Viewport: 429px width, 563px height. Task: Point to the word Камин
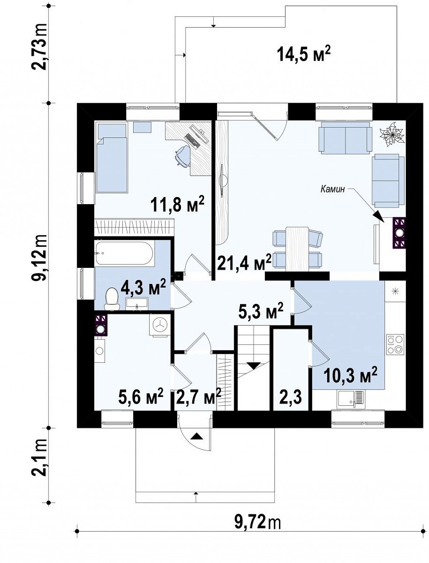[x=333, y=189]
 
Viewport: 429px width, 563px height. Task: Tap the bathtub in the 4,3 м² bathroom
[x=124, y=253]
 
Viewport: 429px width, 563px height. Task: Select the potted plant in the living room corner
[x=392, y=135]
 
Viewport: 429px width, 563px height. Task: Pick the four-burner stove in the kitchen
[x=395, y=344]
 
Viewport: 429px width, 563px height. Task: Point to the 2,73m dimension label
[x=40, y=47]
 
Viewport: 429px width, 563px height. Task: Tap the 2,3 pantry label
[x=291, y=398]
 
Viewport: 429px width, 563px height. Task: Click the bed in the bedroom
[x=111, y=158]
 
